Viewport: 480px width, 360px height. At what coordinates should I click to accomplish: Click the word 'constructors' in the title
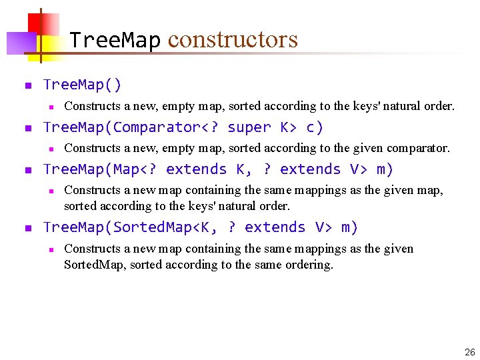233,40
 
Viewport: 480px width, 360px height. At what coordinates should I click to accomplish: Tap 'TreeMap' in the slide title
115,40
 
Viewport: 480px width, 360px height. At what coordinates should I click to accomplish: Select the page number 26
470,351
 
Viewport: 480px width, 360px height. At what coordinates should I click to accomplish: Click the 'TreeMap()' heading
82,85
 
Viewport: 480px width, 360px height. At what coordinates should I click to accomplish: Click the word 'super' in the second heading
249,127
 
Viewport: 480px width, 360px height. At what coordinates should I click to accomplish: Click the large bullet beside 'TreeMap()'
27,85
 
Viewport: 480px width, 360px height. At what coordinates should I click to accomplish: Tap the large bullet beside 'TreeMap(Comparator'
27,128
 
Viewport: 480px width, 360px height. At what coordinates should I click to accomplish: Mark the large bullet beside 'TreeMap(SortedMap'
27,228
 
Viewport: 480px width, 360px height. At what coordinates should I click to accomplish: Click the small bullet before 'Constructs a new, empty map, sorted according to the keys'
51,107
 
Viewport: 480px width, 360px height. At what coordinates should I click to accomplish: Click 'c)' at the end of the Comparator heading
314,127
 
